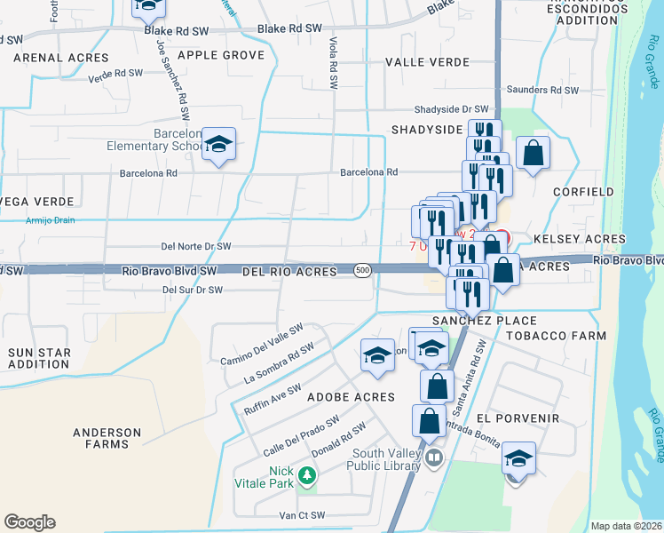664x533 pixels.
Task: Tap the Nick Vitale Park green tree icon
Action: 307,476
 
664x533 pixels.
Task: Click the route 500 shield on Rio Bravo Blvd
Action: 361,270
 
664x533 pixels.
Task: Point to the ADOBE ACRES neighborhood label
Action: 350,397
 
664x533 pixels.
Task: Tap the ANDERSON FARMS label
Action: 107,438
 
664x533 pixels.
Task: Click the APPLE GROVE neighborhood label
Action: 221,55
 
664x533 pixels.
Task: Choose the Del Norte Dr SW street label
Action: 195,246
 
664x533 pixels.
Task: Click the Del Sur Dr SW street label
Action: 192,290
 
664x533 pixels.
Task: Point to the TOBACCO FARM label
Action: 556,336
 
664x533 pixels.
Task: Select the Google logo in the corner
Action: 29,522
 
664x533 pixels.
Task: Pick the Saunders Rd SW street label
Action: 541,91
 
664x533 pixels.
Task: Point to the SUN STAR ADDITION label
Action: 39,358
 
